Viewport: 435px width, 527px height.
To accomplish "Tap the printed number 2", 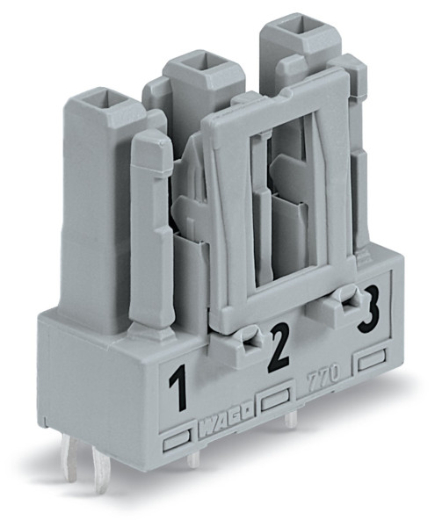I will [279, 348].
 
